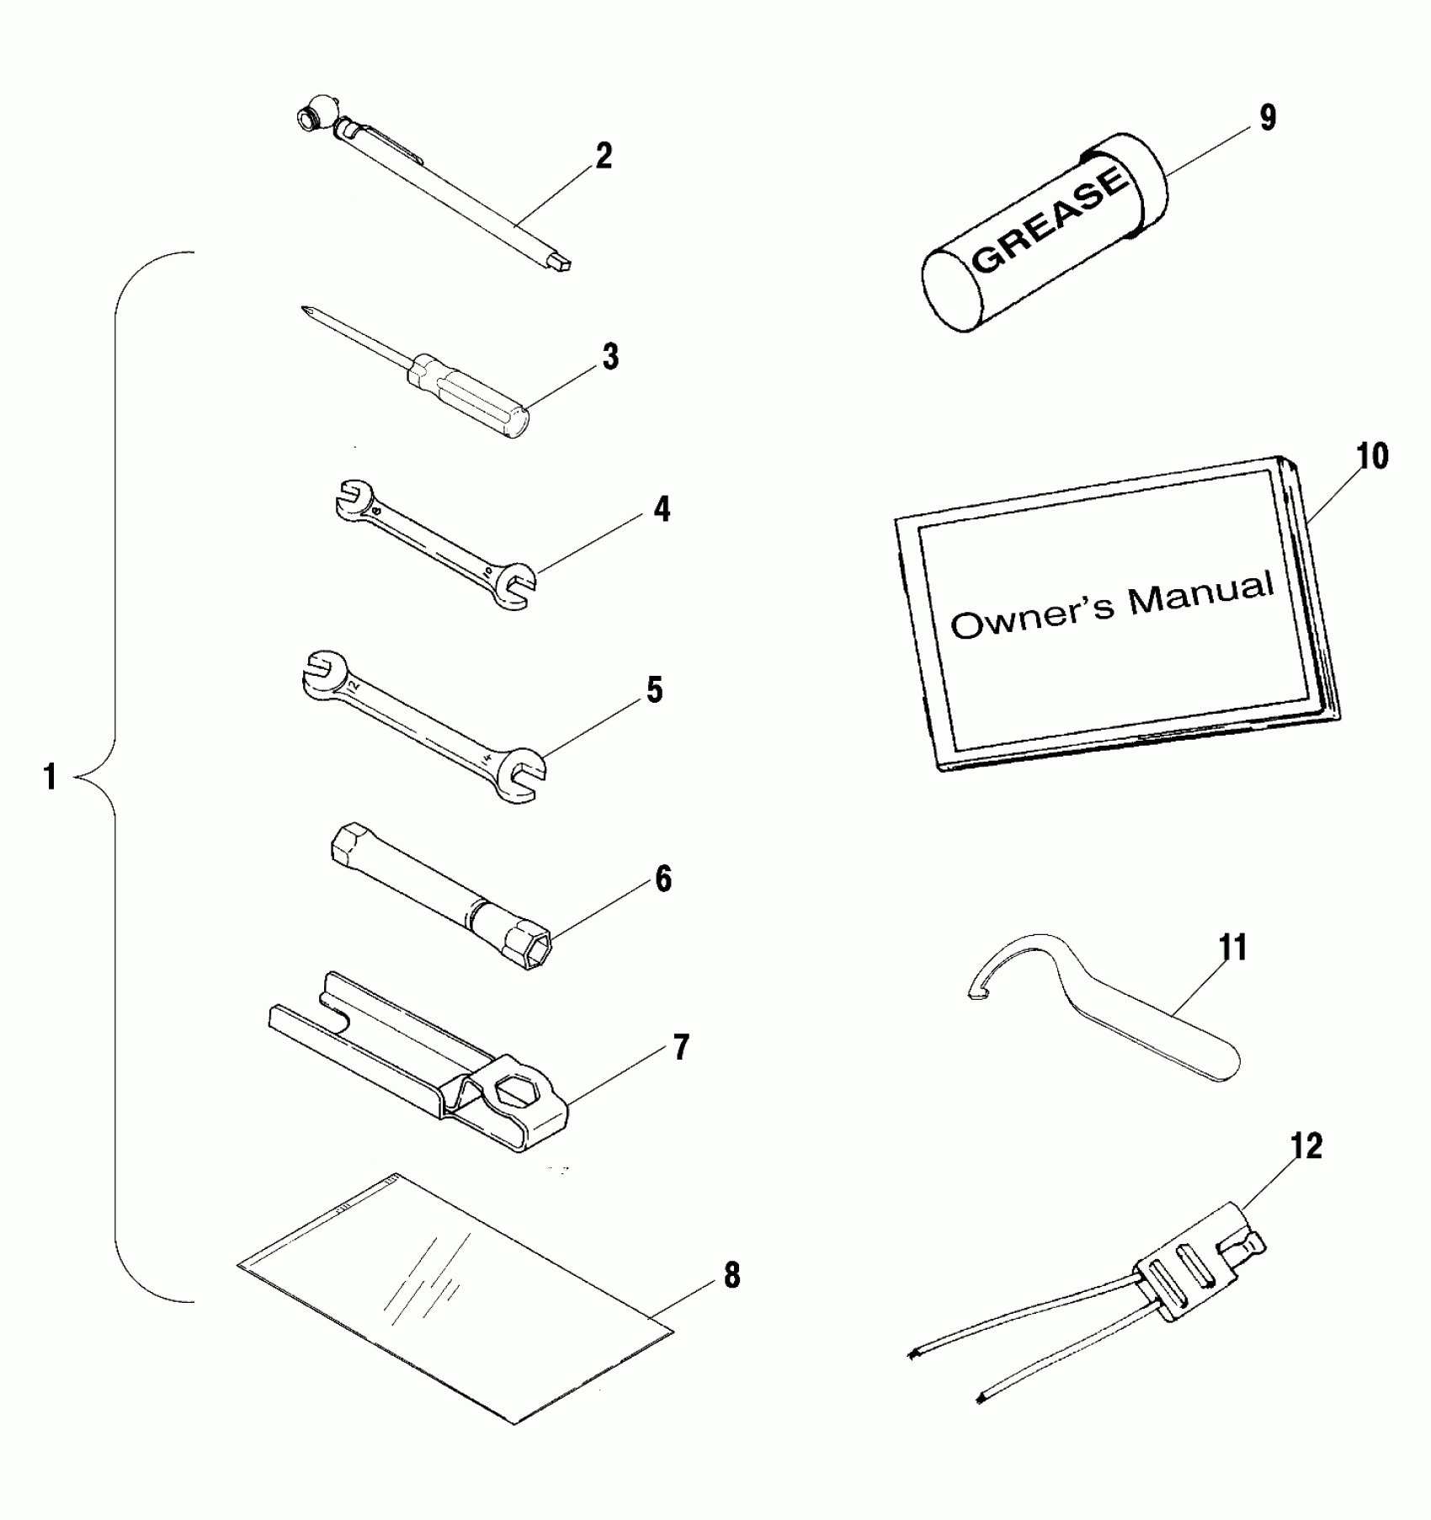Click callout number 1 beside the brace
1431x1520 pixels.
(x=50, y=777)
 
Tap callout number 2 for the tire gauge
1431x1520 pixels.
(x=604, y=157)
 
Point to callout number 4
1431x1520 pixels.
(x=662, y=509)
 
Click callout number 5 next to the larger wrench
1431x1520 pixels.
(x=654, y=690)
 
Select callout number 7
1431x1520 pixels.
(x=679, y=1048)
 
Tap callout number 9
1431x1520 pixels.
(x=1266, y=119)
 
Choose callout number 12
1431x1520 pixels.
(x=1305, y=1145)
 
